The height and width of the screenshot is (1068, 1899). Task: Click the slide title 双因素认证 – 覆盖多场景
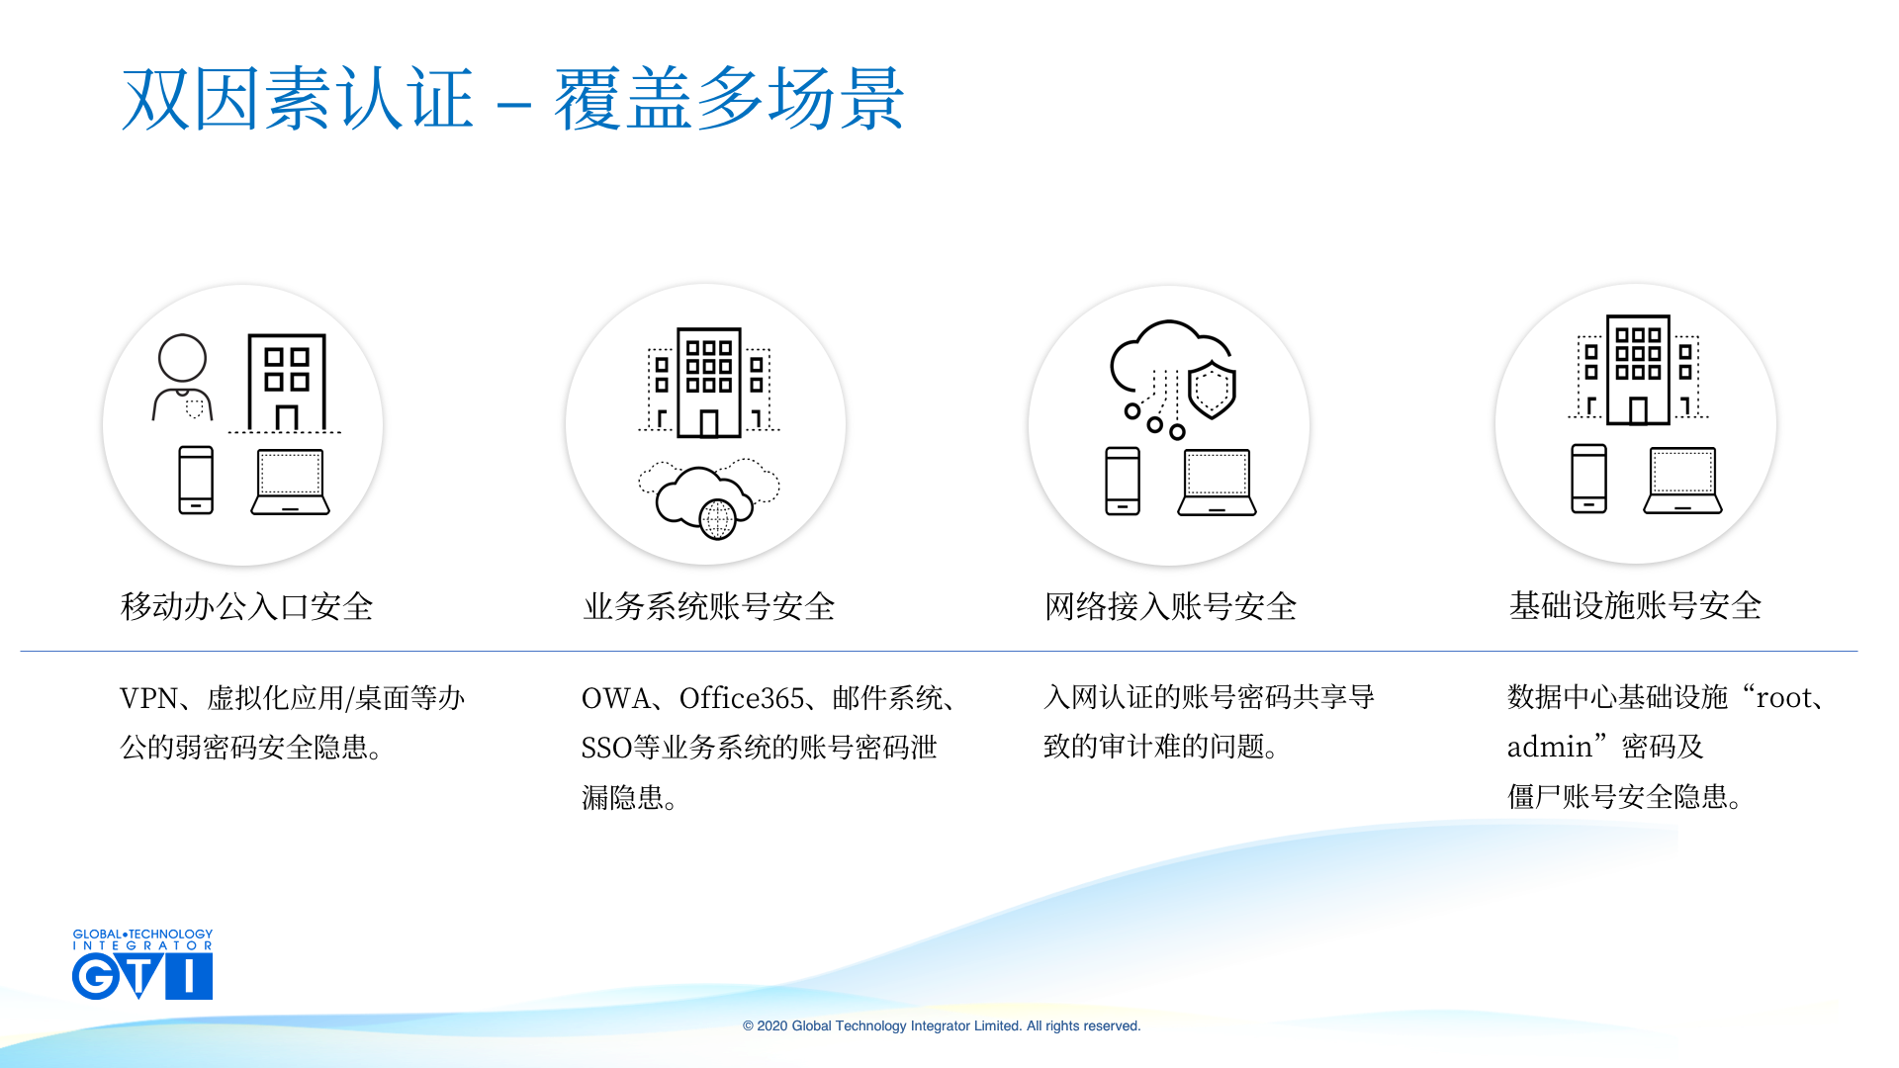click(x=512, y=99)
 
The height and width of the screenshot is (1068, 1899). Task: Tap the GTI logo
click(x=142, y=964)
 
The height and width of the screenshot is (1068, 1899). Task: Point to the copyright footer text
click(x=942, y=1025)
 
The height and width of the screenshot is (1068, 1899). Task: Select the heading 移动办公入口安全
click(x=247, y=606)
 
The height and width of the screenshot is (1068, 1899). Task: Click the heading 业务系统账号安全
click(x=709, y=606)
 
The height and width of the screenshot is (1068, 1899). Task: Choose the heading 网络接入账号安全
click(x=1171, y=606)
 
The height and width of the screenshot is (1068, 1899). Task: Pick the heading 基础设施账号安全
click(x=1636, y=605)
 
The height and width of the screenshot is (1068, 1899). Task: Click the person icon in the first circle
click(x=183, y=377)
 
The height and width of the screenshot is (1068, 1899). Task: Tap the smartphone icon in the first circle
click(x=196, y=480)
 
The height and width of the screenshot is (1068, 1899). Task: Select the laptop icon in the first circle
click(x=290, y=482)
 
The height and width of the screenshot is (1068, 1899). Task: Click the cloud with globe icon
click(x=708, y=498)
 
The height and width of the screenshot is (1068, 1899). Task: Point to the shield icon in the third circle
click(x=1212, y=390)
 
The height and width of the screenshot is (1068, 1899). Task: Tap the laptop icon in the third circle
click(x=1217, y=483)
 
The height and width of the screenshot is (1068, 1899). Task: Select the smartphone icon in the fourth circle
click(x=1589, y=479)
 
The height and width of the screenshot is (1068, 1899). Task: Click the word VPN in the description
click(x=149, y=698)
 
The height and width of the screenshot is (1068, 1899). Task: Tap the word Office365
click(x=742, y=698)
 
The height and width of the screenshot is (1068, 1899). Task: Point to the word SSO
click(x=606, y=748)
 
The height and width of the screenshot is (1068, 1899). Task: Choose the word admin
click(x=1550, y=747)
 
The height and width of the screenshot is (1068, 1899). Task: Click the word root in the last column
click(x=1784, y=698)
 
